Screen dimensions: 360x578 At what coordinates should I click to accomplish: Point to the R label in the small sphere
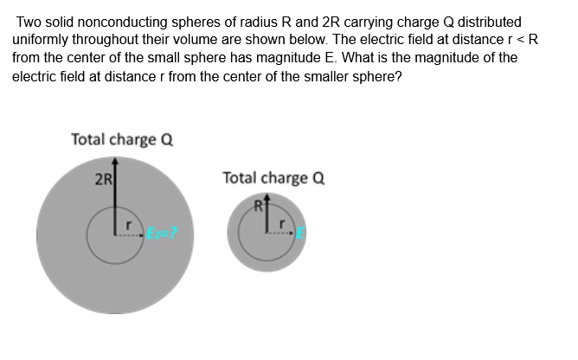coord(257,206)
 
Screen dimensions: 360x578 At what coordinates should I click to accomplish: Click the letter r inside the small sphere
coord(278,223)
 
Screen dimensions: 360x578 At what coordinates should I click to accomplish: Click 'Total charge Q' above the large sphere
coord(122,139)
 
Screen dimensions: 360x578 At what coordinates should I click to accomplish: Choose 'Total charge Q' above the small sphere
coord(273,178)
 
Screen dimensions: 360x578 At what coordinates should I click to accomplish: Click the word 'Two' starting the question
coord(29,21)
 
